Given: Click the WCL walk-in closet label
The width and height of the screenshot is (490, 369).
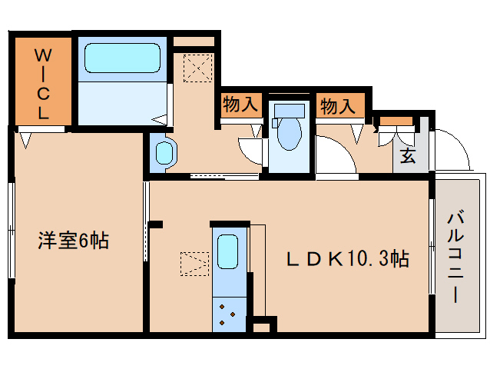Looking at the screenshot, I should click(x=43, y=82).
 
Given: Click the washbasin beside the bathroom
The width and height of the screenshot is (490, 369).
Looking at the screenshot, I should click(x=164, y=151).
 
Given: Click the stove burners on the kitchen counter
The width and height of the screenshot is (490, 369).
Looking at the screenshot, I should click(x=230, y=314).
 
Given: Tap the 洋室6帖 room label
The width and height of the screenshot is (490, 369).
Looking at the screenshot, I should click(x=74, y=241).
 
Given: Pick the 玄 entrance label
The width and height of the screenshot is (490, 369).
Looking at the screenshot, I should click(x=407, y=157).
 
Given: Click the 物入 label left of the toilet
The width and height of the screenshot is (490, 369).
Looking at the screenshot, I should click(x=240, y=105).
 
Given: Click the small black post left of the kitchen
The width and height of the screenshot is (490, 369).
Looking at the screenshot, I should click(x=156, y=224).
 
